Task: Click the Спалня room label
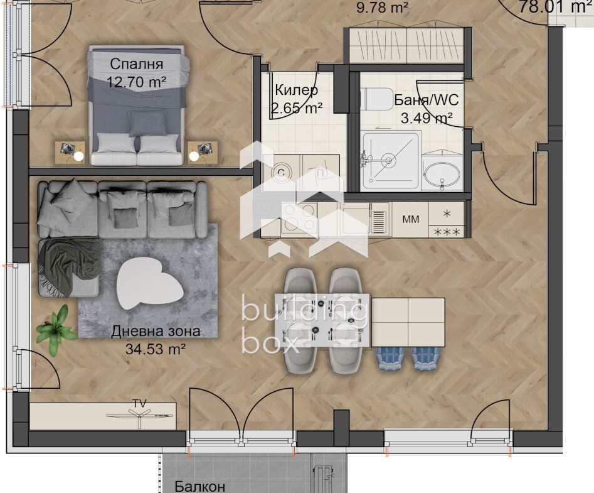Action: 136,64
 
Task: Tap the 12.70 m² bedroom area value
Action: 136,82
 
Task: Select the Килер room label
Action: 296,90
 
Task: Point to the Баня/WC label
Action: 426,100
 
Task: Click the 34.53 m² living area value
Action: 156,349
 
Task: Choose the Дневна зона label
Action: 156,331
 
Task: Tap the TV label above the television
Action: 139,403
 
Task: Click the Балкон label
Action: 200,486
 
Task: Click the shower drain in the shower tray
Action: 388,160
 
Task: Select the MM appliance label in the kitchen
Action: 411,219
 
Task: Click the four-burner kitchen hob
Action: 299,217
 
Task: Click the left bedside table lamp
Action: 79,156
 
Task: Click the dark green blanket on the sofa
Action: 70,267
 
